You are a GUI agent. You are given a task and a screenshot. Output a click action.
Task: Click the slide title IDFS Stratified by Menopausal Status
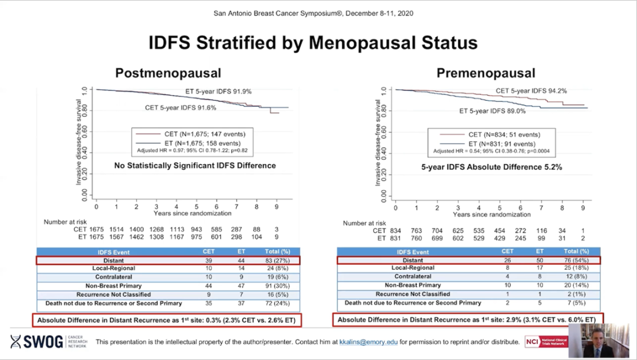coord(313,43)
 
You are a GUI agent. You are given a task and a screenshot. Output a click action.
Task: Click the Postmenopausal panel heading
coord(168,73)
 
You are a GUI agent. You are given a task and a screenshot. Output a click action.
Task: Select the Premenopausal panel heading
coord(485,73)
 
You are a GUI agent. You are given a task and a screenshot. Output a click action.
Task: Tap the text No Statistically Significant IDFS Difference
coord(195,166)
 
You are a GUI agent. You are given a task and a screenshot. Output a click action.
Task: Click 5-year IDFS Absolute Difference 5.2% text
coord(491,167)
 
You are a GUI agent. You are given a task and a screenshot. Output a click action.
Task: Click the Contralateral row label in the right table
coord(412,276)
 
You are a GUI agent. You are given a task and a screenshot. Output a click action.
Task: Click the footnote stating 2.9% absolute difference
coord(466,320)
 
